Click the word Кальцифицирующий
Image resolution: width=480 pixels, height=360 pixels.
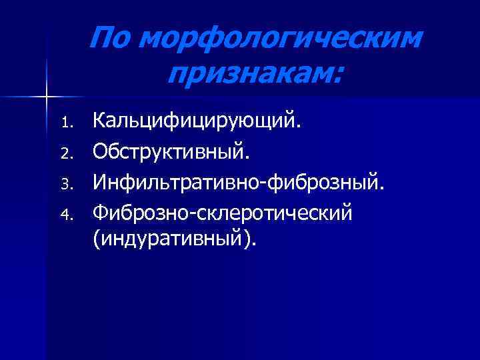coord(197,122)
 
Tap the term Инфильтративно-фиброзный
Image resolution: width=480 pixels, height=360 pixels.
coord(239,183)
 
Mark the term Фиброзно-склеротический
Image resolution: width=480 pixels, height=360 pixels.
coord(223,214)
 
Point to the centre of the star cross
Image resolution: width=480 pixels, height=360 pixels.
coord(47,97)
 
